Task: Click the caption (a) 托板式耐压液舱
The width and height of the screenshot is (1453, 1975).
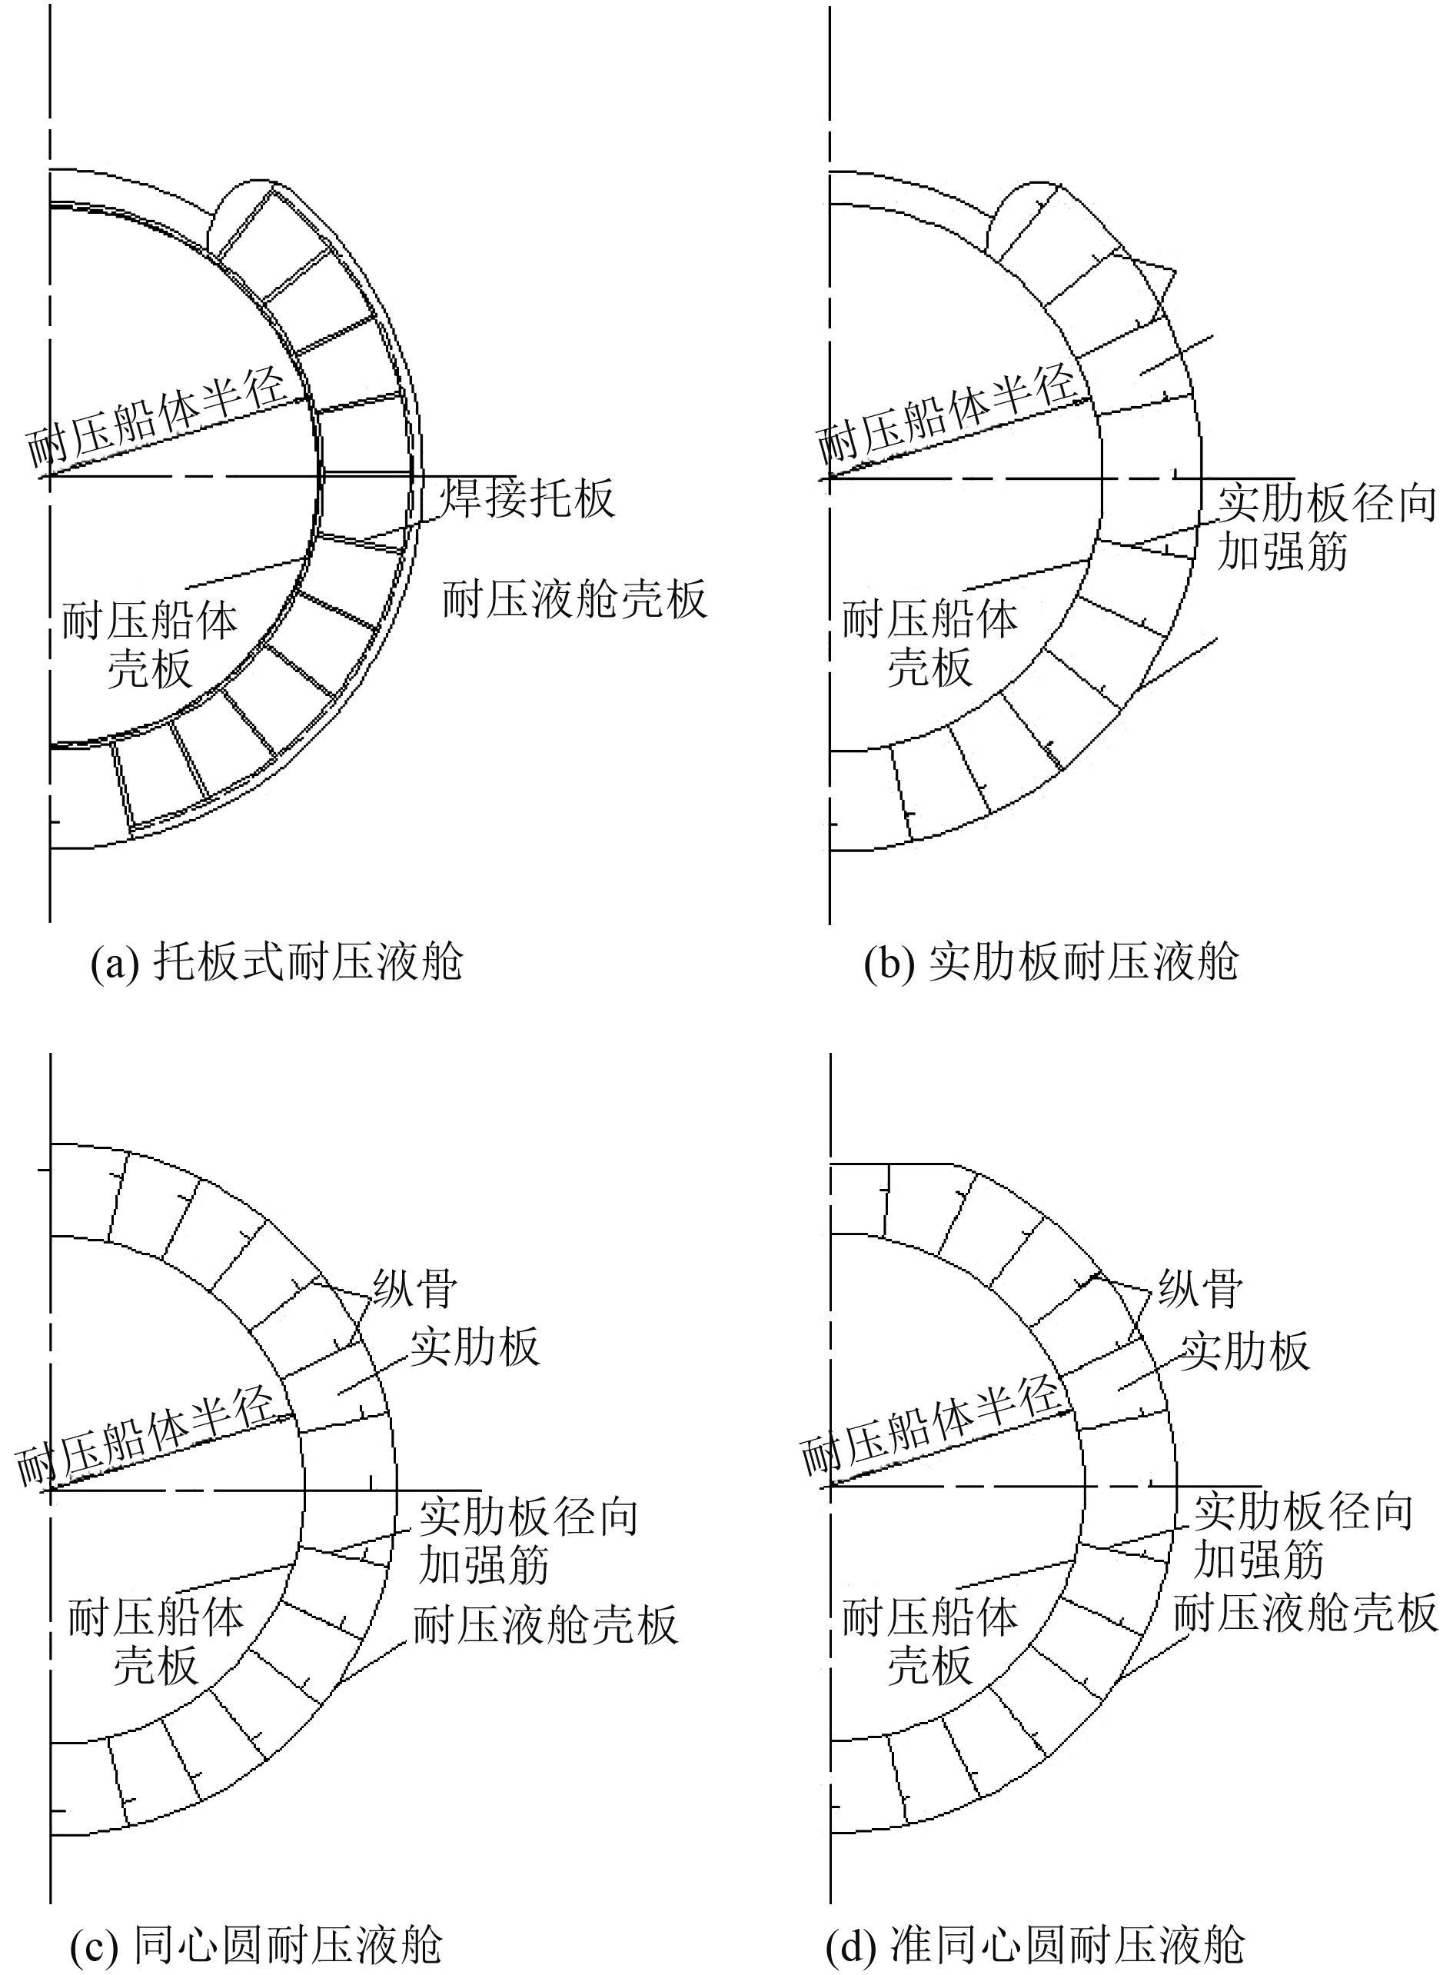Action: [x=277, y=961]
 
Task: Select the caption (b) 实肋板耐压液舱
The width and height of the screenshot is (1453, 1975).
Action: [x=1051, y=961]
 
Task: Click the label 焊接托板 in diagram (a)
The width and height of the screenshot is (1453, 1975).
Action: [x=527, y=498]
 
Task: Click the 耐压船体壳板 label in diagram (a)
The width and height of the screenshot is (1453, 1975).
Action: [x=149, y=644]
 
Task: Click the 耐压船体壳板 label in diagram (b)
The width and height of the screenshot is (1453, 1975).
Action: [x=929, y=644]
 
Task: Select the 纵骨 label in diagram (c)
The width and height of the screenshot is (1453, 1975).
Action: [x=415, y=1289]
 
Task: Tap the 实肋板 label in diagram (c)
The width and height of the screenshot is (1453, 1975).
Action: [x=475, y=1347]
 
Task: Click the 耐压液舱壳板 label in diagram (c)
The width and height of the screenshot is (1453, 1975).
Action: [x=545, y=1625]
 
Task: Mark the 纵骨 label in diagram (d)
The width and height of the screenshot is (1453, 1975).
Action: [x=1200, y=1289]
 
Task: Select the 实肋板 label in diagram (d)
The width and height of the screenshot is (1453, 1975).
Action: [x=1244, y=1351]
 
